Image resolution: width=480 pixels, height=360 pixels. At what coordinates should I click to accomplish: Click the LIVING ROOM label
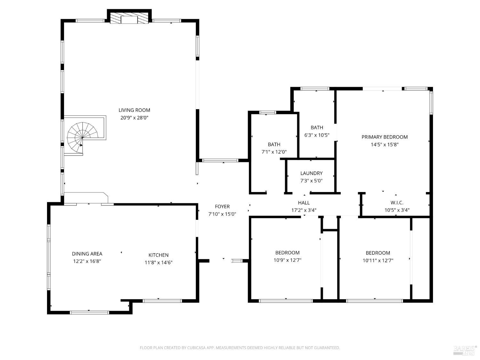(134, 110)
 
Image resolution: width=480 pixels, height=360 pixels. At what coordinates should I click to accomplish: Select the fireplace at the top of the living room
(129, 19)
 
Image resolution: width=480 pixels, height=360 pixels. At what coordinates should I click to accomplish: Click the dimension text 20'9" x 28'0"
(134, 118)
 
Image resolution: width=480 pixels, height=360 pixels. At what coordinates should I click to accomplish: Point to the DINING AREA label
(87, 254)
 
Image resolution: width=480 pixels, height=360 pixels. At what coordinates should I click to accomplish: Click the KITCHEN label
(158, 255)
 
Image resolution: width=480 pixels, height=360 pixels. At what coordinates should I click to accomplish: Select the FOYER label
(222, 206)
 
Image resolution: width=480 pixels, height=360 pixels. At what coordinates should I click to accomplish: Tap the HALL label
(304, 203)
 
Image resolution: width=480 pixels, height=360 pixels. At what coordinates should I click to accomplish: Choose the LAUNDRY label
(311, 173)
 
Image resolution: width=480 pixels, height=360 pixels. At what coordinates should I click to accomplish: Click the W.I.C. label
(397, 203)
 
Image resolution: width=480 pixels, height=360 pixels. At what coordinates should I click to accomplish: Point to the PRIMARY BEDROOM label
(385, 137)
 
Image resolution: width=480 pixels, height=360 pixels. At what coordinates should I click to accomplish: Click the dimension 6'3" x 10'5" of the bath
(317, 135)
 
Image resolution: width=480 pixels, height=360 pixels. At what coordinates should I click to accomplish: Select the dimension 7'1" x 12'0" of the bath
(274, 152)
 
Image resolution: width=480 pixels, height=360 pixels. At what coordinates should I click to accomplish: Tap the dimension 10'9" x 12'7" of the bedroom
(287, 260)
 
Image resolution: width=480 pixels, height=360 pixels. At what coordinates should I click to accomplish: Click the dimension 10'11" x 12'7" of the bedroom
(378, 260)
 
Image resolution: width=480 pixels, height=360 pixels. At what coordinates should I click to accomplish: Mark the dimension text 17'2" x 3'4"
(304, 210)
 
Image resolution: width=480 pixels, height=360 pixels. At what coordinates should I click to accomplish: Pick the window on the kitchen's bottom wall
(162, 301)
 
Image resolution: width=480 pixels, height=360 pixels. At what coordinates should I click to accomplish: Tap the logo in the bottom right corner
(465, 350)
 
